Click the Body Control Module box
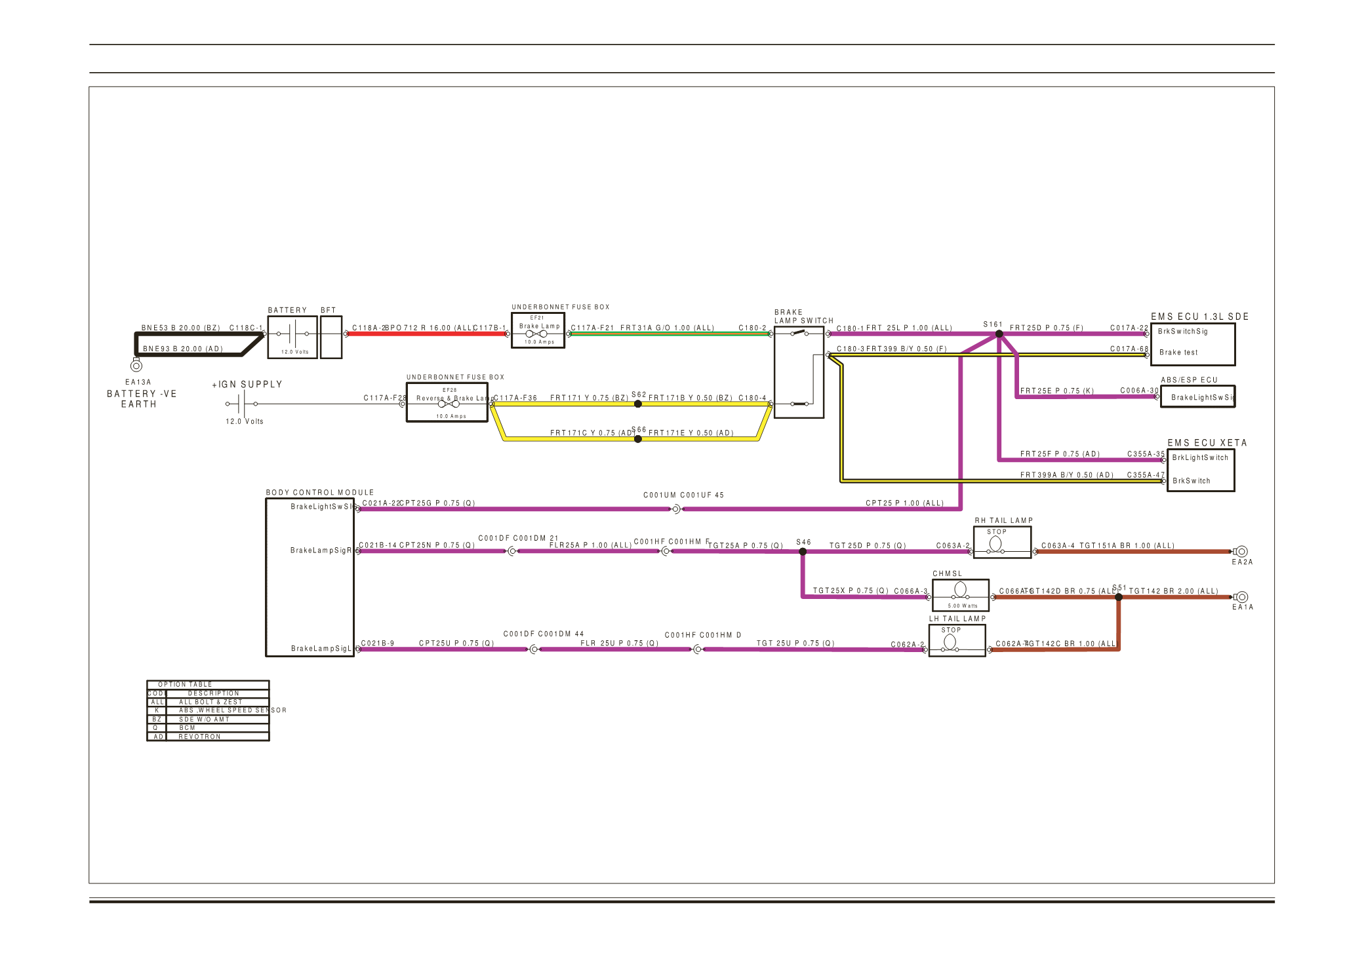pos(310,577)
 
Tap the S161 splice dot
pos(999,334)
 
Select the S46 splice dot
pos(803,552)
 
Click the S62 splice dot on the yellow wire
pos(638,404)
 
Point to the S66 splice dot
pos(638,439)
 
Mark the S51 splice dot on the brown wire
pos(1119,597)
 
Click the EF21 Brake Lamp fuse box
pos(538,331)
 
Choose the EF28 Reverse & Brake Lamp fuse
pos(447,403)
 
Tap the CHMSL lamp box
pos(960,595)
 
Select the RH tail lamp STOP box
pos(1002,543)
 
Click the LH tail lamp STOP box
pos(957,640)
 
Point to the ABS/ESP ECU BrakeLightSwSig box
pos(1197,396)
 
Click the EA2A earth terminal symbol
pos(1241,552)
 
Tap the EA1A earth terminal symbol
pos(1241,597)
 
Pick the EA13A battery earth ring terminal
pos(136,366)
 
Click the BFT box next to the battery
pos(331,337)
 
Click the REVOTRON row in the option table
pos(208,737)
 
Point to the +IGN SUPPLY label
pos(247,385)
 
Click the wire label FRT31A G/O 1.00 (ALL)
pos(667,328)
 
